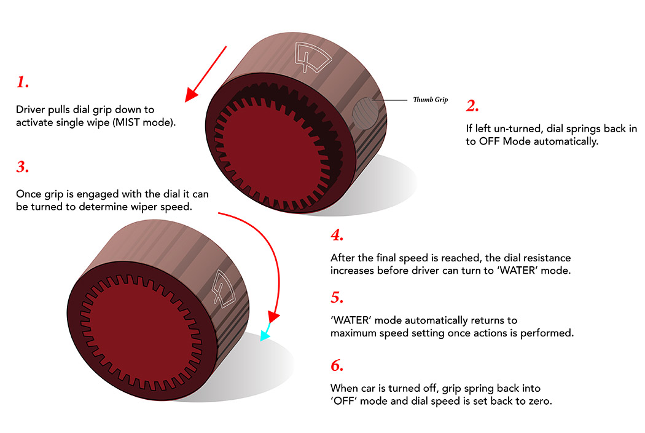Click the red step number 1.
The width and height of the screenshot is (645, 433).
[23, 82]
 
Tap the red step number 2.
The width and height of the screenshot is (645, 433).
[472, 106]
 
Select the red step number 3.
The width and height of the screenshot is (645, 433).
[23, 167]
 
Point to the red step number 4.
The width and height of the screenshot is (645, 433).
[337, 235]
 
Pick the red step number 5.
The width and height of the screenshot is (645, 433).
[337, 298]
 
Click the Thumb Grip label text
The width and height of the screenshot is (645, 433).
[430, 100]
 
